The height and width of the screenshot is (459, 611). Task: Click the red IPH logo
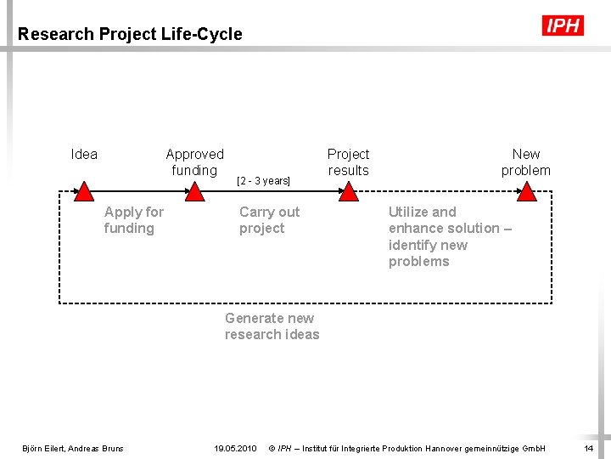[x=563, y=25]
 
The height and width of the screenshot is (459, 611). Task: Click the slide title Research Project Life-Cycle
[x=130, y=35]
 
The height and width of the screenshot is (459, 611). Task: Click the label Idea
[x=84, y=154]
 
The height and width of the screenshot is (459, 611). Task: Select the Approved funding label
[x=194, y=162]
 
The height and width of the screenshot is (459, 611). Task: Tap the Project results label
[x=348, y=162]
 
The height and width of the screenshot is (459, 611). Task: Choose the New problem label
[x=525, y=162]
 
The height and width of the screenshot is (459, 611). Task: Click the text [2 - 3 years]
[x=263, y=181]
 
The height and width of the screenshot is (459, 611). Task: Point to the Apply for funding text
[x=133, y=220]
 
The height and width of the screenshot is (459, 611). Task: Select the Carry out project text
[x=269, y=220]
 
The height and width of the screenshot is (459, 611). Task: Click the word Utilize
[x=408, y=212]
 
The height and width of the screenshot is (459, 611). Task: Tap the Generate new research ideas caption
[x=272, y=326]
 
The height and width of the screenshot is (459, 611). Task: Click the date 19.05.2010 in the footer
[x=235, y=448]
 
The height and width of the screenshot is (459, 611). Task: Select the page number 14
[x=589, y=448]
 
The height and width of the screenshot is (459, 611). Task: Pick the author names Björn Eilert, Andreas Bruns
[x=72, y=448]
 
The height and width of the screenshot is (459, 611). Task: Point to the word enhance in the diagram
[x=416, y=228]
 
